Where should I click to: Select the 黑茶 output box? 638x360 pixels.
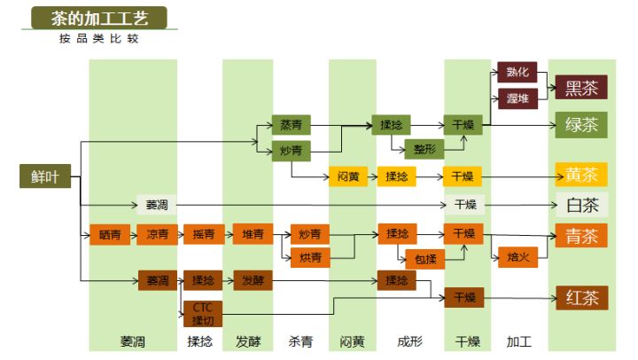[581, 87]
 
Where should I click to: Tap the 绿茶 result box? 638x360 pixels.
[581, 125]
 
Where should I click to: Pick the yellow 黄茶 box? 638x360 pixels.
[581, 175]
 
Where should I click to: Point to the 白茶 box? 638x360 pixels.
[581, 205]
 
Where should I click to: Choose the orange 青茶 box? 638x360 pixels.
[581, 235]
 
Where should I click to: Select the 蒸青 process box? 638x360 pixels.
[291, 125]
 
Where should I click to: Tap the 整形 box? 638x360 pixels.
[424, 149]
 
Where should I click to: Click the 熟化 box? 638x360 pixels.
[517, 74]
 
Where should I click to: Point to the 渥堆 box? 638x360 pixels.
[517, 98]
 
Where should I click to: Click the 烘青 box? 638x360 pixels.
[309, 258]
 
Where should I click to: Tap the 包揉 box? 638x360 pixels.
[424, 259]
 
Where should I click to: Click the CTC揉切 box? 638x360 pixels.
[203, 312]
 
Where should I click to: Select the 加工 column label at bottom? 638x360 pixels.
[518, 341]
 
